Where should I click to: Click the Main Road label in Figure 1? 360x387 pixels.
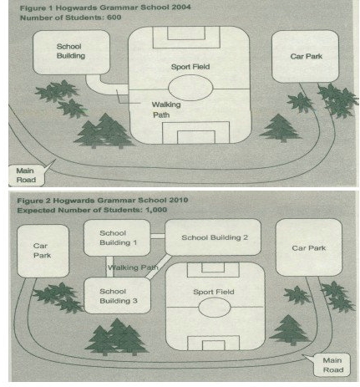pyautogui.click(x=26, y=176)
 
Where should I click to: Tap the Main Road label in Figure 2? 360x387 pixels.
pyautogui.click(x=332, y=365)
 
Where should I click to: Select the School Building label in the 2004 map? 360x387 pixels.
pyautogui.click(x=71, y=51)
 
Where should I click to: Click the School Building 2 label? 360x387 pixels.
pyautogui.click(x=215, y=237)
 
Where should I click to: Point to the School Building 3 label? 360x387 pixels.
pyautogui.click(x=119, y=296)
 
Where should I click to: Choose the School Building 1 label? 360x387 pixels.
pyautogui.click(x=118, y=237)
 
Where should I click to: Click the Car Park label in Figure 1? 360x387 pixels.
pyautogui.click(x=307, y=57)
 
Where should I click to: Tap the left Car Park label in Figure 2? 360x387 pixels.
pyautogui.click(x=42, y=251)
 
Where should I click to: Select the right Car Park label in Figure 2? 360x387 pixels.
pyautogui.click(x=308, y=248)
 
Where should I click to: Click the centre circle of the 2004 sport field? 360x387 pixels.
pyautogui.click(x=169, y=88)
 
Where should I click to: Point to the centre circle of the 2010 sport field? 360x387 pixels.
pyautogui.click(x=198, y=308)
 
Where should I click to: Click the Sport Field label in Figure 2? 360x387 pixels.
pyautogui.click(x=214, y=292)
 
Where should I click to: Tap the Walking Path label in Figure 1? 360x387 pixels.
pyautogui.click(x=166, y=109)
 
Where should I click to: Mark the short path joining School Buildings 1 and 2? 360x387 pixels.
pyautogui.click(x=158, y=237)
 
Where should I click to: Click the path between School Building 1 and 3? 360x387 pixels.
pyautogui.click(x=109, y=267)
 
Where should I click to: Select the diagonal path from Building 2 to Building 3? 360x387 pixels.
pyautogui.click(x=159, y=267)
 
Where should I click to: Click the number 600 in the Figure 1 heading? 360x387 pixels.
pyautogui.click(x=114, y=18)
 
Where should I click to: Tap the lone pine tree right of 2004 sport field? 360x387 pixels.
pyautogui.click(x=281, y=128)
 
